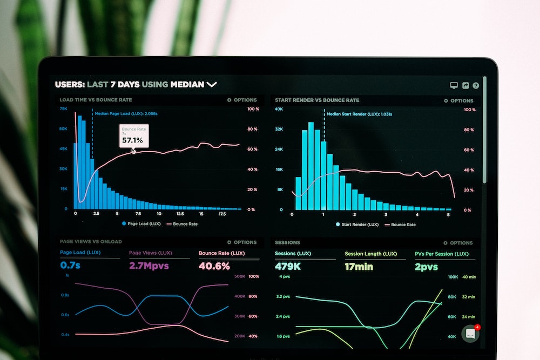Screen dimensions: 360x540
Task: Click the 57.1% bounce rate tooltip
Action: (133, 137)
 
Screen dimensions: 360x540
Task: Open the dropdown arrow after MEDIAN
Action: (211, 84)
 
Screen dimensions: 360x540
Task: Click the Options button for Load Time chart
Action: (242, 100)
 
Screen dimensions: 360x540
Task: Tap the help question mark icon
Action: (476, 85)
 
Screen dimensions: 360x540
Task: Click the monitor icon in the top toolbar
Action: (454, 85)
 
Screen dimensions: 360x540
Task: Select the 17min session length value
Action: (359, 266)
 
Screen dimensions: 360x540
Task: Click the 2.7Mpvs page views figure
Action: (149, 266)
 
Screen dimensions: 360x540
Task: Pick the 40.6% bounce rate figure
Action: (214, 266)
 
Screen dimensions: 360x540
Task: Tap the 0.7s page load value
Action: (70, 266)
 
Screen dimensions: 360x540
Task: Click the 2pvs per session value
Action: (426, 266)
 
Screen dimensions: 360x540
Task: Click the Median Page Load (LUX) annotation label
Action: (126, 113)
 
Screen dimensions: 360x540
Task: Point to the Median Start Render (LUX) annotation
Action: (359, 114)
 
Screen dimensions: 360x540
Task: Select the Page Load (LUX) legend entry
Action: (141, 223)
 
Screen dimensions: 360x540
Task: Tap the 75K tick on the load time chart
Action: (64, 108)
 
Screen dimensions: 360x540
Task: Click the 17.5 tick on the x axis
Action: (222, 214)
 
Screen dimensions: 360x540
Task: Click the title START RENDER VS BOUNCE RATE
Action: (317, 100)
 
